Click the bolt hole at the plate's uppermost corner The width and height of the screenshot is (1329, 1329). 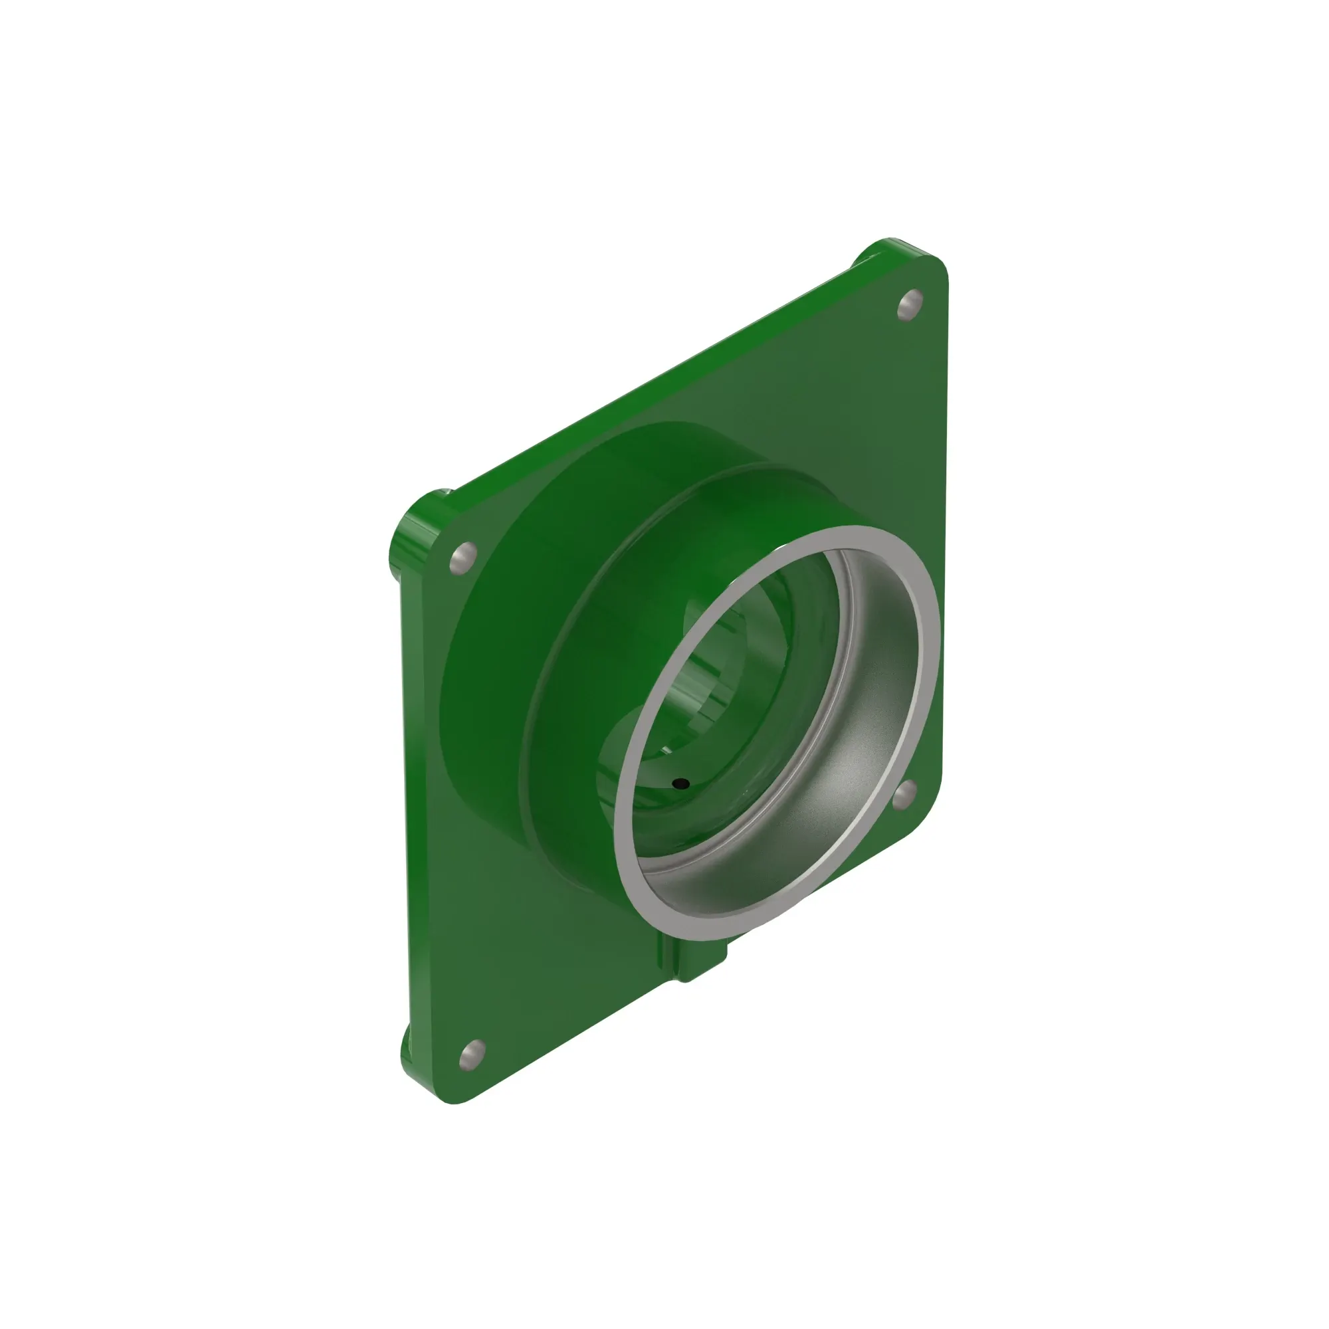point(910,304)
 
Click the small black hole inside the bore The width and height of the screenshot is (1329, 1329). point(680,783)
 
